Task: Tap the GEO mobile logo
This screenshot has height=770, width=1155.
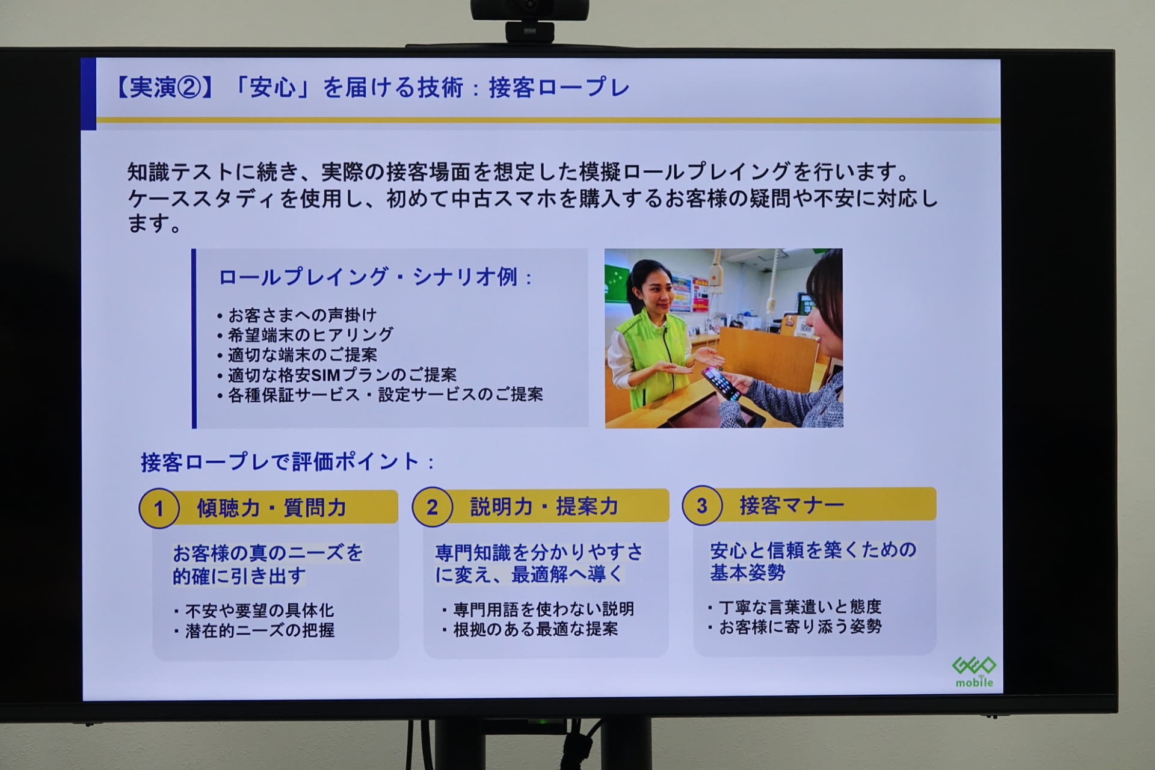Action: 974,671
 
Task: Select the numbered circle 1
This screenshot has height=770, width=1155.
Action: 159,508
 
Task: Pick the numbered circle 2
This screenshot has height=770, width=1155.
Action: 432,507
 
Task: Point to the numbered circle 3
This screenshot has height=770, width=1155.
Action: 701,505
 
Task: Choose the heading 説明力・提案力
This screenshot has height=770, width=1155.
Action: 544,507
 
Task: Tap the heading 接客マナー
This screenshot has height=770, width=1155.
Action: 792,505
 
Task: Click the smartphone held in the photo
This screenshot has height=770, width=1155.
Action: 721,383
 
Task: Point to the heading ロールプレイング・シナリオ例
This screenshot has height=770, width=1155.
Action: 374,277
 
